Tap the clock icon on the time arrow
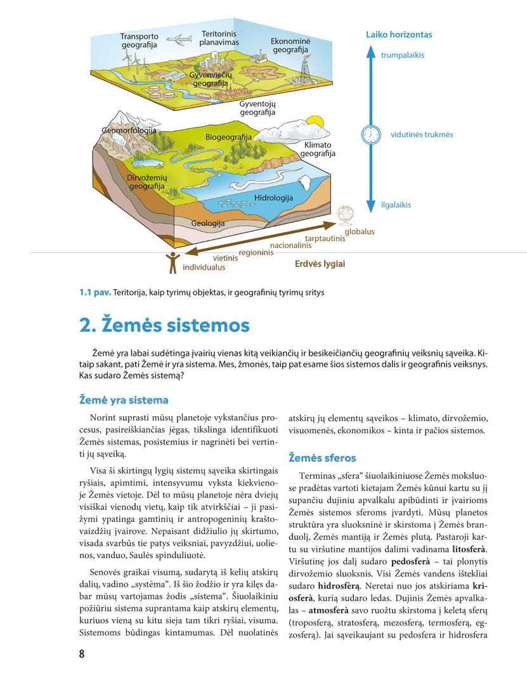370,134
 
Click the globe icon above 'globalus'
346,214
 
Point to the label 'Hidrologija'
273,198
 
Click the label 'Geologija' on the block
208,223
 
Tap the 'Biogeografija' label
228,137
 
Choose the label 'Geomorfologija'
129,131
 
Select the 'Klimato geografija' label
318,149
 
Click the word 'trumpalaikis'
403,55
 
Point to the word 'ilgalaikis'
396,205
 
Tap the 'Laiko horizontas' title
399,35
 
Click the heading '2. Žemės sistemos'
164,325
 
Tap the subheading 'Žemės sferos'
322,457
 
